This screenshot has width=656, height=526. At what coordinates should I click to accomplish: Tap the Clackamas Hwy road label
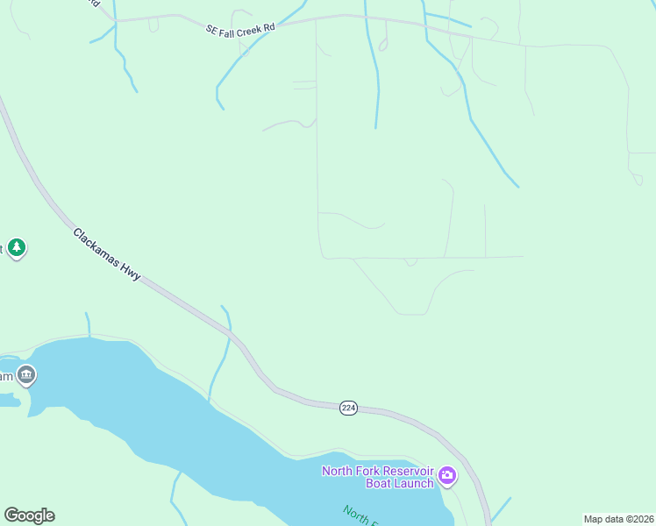tap(107, 254)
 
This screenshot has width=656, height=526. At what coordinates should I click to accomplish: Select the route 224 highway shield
tap(348, 409)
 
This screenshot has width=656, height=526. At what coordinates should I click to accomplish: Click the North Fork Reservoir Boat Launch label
tap(378, 477)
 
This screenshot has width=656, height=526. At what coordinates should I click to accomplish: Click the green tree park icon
tap(17, 248)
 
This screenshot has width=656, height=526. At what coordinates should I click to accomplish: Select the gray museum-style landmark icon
tap(26, 375)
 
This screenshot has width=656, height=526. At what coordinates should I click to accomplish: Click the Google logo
tap(29, 515)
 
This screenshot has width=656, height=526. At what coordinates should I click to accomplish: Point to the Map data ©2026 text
tap(618, 519)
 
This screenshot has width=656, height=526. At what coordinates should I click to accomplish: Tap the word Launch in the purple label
tap(414, 484)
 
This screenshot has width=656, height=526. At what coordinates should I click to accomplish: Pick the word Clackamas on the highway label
tap(95, 245)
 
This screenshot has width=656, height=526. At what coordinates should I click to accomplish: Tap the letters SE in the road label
tap(211, 31)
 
